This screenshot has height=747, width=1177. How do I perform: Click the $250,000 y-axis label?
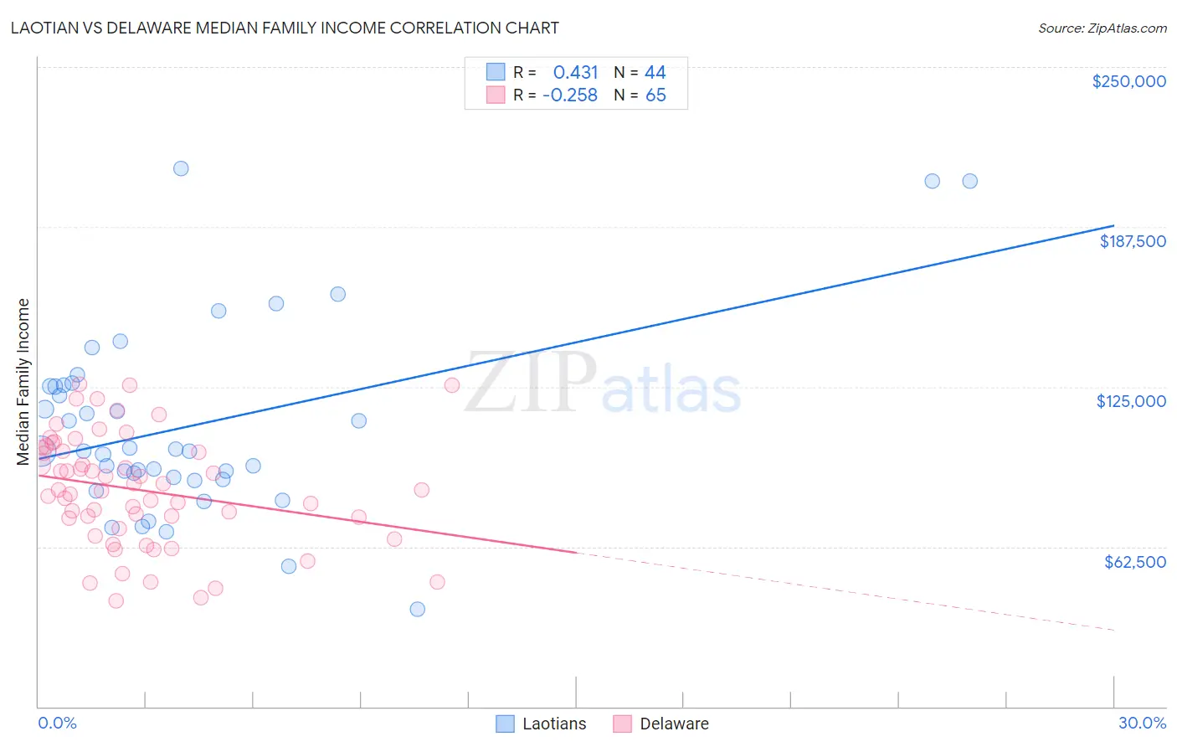(1128, 81)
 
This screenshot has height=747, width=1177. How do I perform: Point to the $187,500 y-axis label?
(1132, 241)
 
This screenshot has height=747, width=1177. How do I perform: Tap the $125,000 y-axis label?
(1131, 401)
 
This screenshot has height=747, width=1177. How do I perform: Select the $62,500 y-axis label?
(1134, 562)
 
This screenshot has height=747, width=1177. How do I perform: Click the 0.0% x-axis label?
(57, 723)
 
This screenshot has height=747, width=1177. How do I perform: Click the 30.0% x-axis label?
(1142, 723)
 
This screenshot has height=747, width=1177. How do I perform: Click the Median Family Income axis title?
(23, 381)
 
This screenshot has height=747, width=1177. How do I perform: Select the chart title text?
(285, 28)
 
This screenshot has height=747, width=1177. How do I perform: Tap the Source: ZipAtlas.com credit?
(1102, 28)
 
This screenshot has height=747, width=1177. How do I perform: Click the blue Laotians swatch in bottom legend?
(505, 724)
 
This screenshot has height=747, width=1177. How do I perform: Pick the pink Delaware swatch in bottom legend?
(622, 724)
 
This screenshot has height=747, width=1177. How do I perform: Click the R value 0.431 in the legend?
(575, 72)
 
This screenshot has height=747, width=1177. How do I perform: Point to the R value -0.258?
(569, 95)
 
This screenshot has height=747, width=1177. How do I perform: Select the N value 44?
(655, 72)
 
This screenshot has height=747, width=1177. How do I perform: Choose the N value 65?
(655, 95)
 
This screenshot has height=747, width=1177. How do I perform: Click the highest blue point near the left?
(181, 168)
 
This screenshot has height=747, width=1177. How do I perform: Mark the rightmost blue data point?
(969, 181)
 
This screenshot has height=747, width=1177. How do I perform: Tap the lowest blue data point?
(418, 609)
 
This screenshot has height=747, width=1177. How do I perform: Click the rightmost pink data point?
(452, 385)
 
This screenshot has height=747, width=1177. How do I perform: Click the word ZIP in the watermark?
(530, 382)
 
